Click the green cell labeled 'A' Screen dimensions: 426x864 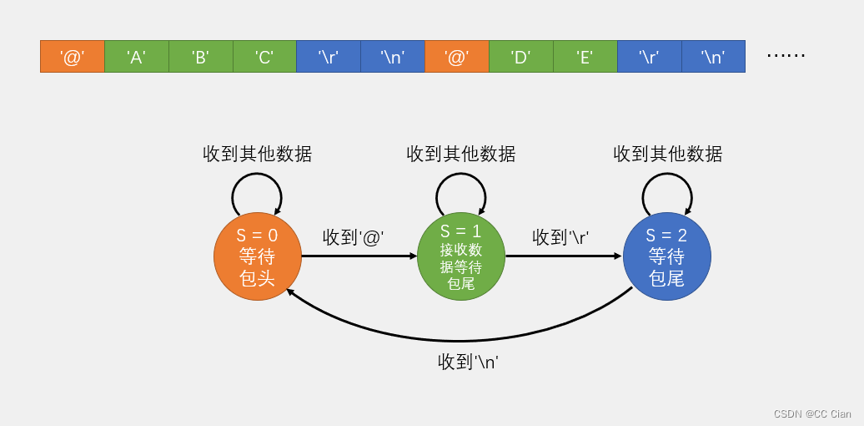[x=136, y=57]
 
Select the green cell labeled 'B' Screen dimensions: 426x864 [x=200, y=57]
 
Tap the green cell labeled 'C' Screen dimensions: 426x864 [x=264, y=57]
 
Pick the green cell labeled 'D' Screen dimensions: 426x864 [x=520, y=57]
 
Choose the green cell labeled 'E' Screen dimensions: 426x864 [x=585, y=57]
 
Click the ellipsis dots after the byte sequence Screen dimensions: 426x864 [x=786, y=56]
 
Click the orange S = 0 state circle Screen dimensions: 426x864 [x=257, y=256]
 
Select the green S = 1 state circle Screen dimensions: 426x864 [x=461, y=256]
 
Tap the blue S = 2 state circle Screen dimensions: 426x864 [x=666, y=256]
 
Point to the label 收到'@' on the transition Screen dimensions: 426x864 [x=353, y=237]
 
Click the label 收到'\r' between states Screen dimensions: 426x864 [x=560, y=237]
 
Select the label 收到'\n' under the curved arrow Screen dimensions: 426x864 [x=468, y=362]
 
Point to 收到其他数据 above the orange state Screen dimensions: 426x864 [x=257, y=154]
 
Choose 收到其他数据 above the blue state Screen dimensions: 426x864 [x=667, y=154]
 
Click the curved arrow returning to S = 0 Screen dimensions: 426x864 [x=459, y=340]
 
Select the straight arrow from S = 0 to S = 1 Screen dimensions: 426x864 [x=359, y=256]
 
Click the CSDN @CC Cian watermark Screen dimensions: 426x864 [x=811, y=413]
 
